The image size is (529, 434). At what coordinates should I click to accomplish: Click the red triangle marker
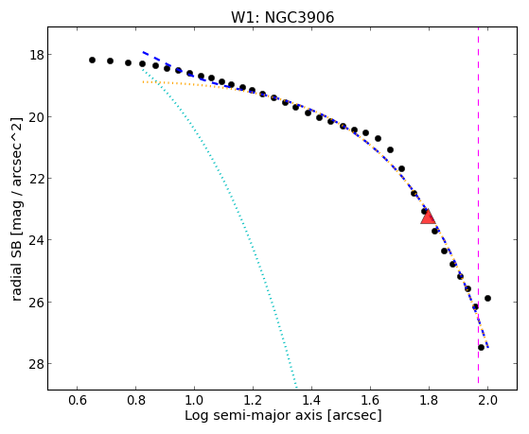428,217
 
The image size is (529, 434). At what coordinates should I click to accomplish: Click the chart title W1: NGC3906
282,18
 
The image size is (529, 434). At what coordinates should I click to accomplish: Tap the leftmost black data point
92,60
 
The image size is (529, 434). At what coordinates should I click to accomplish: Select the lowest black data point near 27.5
481,347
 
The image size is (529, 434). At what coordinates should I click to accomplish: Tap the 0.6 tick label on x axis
77,400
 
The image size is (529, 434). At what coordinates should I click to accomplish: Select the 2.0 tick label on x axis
487,400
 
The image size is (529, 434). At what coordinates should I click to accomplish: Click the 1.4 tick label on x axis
311,400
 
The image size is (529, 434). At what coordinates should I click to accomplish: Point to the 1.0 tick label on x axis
194,400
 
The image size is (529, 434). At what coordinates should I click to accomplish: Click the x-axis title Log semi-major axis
283,415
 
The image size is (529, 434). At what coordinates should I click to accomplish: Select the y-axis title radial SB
16,209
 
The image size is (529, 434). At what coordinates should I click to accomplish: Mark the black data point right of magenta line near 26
487,298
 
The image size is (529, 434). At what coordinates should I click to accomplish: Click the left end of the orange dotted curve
143,81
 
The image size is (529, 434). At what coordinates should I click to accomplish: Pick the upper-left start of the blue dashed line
143,52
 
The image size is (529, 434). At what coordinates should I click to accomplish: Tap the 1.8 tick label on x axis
429,400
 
